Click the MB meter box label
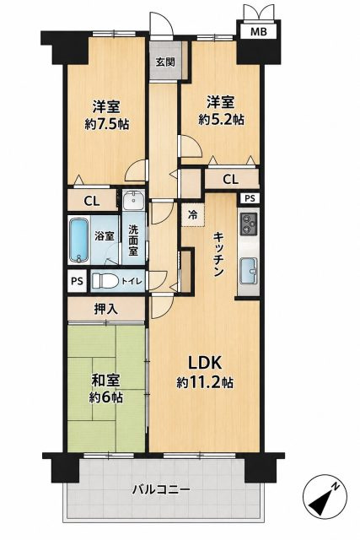[x=258, y=32]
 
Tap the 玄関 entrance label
[x=165, y=62]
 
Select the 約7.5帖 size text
[x=106, y=124]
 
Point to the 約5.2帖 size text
[x=221, y=120]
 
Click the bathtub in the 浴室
[x=78, y=240]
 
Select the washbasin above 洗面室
[x=132, y=200]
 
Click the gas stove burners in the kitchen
[x=249, y=224]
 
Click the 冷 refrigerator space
[x=193, y=215]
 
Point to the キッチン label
[x=219, y=255]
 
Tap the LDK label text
[x=204, y=363]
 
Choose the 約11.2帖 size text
[x=205, y=382]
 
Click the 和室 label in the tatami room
[x=106, y=381]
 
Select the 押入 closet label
[x=106, y=310]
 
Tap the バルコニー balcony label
[x=161, y=489]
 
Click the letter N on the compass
[x=334, y=487]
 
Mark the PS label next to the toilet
[x=77, y=281]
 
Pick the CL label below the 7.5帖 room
[x=92, y=201]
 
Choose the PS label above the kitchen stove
[x=250, y=199]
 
